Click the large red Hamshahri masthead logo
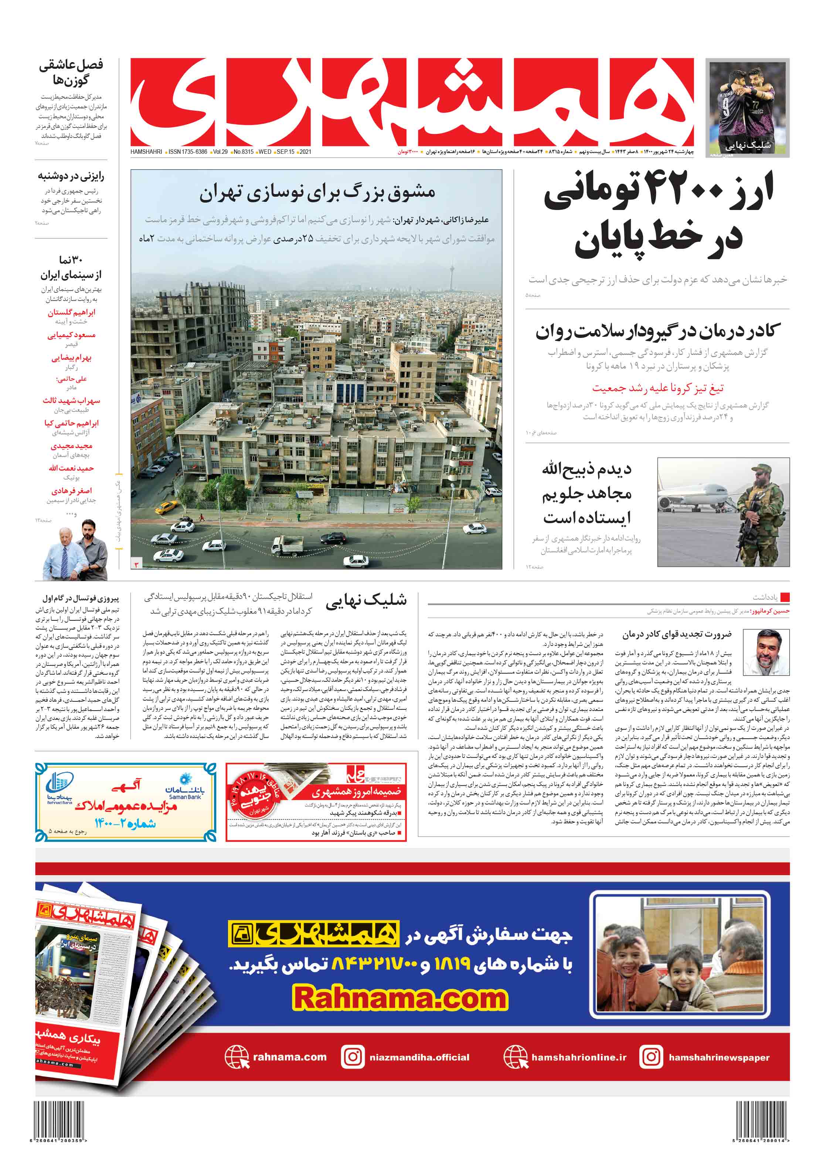coord(412,101)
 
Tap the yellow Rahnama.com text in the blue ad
coord(400,997)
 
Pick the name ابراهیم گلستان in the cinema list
coord(71,312)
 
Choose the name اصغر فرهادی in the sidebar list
coord(71,490)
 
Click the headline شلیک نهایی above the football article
coord(366,600)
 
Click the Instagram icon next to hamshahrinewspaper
coord(651,1057)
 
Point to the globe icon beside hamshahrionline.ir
coord(515,1057)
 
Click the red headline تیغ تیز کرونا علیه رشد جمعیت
coord(658,388)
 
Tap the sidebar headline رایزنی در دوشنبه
coord(71,176)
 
